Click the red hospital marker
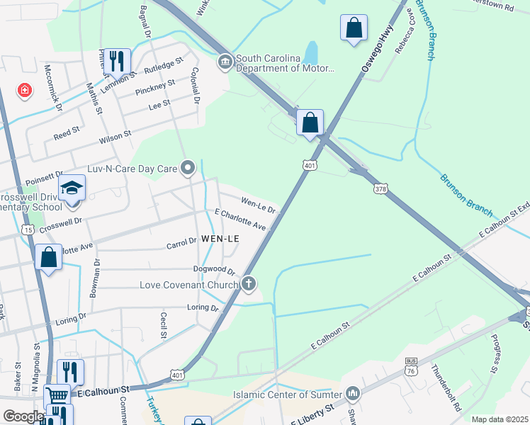coord(25,91)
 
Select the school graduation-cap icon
coord(72,188)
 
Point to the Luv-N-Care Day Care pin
coord(188,168)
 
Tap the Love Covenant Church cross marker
coord(248,284)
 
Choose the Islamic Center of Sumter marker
coord(352,393)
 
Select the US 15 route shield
coord(28,229)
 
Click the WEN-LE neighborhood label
coord(220,239)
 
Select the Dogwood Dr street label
coord(214,270)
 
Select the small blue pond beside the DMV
coord(311,52)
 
